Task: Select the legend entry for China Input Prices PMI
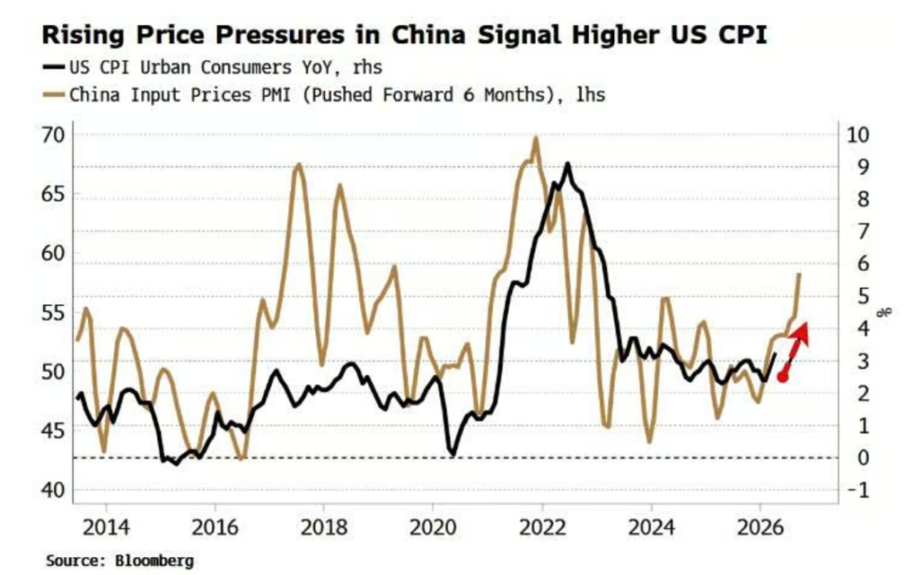pos(324,94)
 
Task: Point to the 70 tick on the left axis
pos(56,135)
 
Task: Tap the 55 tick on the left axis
pos(56,312)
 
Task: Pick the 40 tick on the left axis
pos(56,490)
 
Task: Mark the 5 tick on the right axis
pos(855,296)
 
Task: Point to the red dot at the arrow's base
pos(783,376)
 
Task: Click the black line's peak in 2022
pos(567,164)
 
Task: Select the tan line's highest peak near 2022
pos(536,139)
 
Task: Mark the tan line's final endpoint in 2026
pos(800,274)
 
